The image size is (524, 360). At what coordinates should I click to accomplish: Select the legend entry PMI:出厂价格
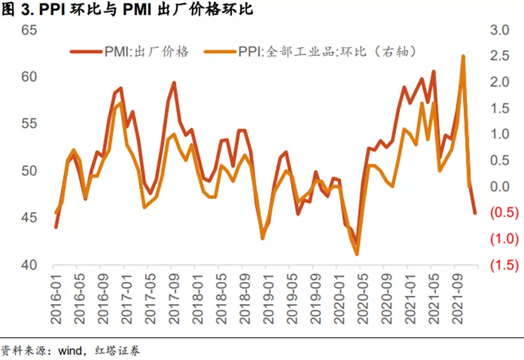pos(130,52)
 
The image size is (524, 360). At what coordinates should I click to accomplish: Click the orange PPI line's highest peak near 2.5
pos(463,56)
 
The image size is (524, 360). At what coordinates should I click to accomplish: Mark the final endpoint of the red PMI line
pos(476,213)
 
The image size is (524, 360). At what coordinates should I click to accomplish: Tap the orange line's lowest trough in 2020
pos(357,254)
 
